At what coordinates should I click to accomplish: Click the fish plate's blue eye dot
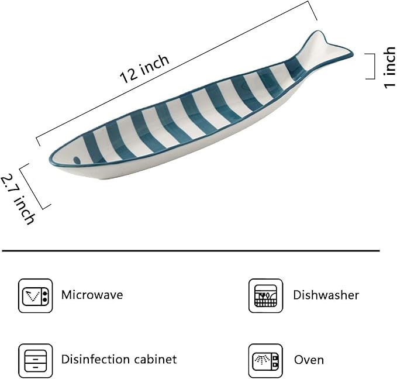[x=77, y=160]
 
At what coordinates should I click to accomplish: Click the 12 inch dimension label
[x=144, y=69]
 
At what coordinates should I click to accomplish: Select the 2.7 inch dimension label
[x=18, y=199]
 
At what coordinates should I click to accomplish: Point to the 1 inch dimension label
[x=390, y=67]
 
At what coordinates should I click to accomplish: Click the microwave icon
[x=36, y=295]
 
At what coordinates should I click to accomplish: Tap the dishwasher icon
[x=265, y=295]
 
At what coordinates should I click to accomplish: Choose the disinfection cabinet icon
[x=36, y=360]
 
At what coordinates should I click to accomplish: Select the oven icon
[x=265, y=360]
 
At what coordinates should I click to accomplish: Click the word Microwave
[x=92, y=295]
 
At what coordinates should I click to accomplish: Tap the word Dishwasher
[x=326, y=295]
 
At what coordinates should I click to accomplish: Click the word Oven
[x=309, y=360]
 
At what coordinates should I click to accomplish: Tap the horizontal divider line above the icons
[x=191, y=251]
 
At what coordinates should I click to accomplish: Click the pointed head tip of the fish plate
[x=49, y=160]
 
